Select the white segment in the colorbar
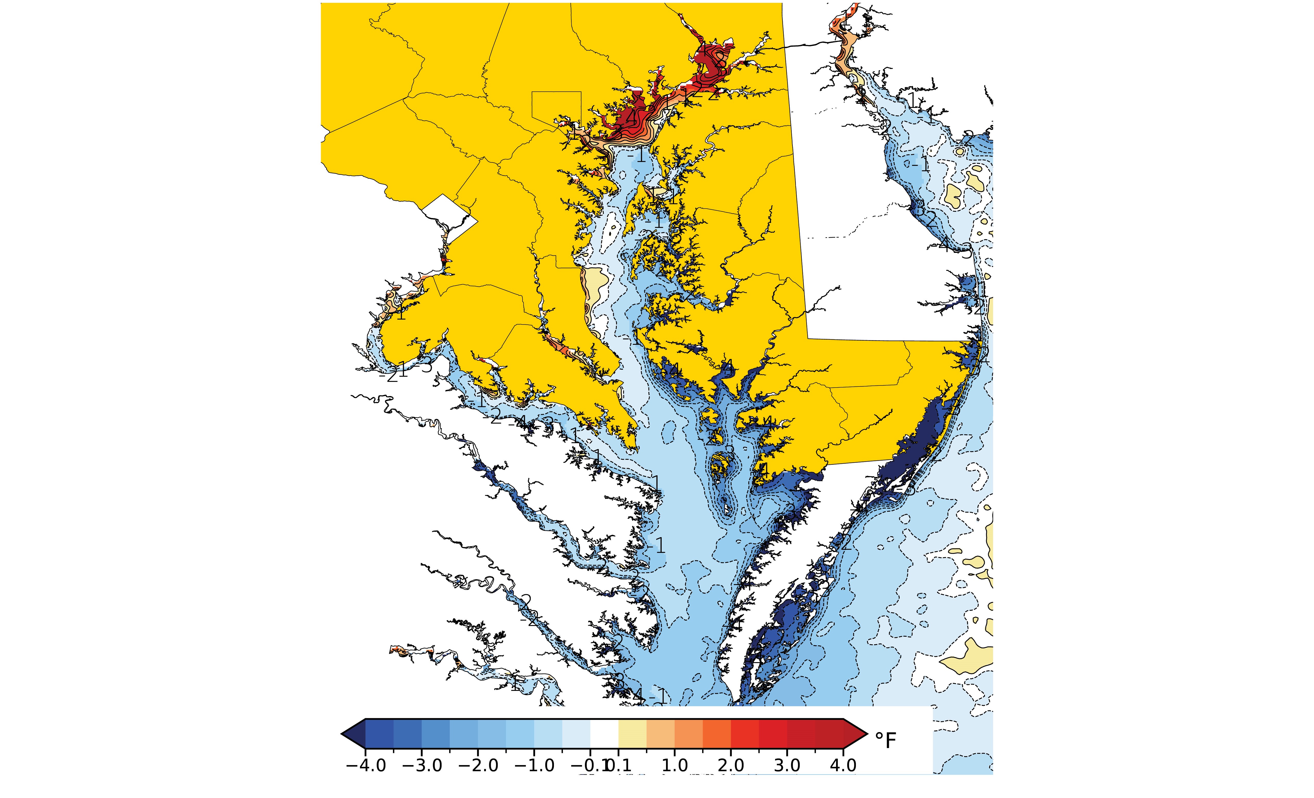pos(604,734)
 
